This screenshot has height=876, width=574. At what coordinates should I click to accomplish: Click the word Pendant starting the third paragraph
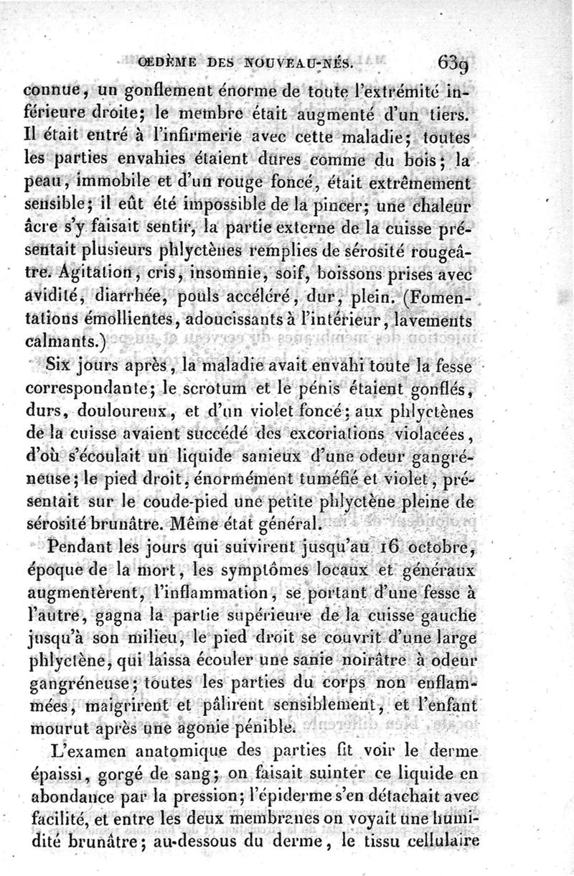pos(67,549)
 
